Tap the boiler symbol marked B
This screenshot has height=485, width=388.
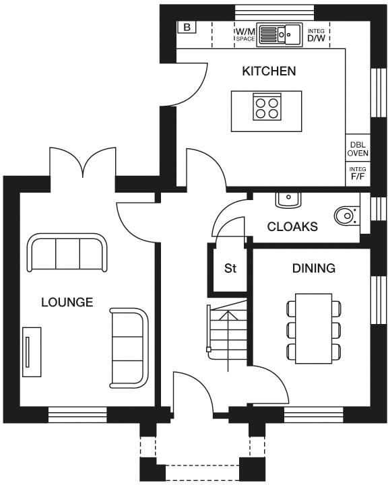(x=186, y=28)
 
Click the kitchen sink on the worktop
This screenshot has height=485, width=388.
(x=279, y=34)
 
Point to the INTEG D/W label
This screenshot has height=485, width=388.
(x=316, y=35)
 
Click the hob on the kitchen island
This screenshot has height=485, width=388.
(x=266, y=107)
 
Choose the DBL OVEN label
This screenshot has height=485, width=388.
(x=357, y=150)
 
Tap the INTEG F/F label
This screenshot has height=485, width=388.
(x=357, y=174)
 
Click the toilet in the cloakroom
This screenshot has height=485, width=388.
(x=346, y=216)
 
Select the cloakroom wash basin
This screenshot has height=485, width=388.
(x=288, y=199)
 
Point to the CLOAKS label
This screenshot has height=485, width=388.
(x=292, y=227)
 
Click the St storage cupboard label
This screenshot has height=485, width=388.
(x=230, y=269)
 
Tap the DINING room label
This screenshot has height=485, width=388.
(x=313, y=269)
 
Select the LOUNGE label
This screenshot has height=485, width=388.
(x=67, y=302)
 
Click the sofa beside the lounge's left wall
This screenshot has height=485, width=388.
(x=32, y=351)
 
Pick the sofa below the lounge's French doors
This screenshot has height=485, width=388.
(x=67, y=253)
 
